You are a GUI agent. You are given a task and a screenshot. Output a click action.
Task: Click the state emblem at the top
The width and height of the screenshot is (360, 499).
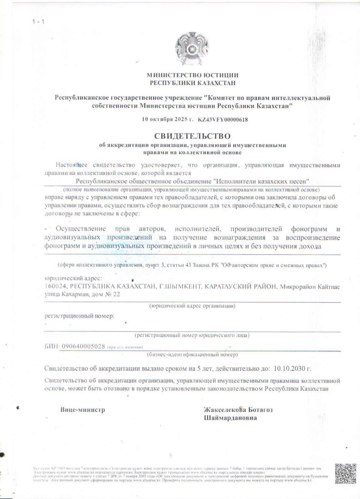(192, 48)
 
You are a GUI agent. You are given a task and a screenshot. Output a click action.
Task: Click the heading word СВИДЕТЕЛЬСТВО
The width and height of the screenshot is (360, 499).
(192, 136)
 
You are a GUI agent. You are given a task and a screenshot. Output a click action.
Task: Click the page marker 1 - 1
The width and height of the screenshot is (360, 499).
(38, 22)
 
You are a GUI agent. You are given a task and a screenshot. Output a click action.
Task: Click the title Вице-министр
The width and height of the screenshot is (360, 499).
(83, 410)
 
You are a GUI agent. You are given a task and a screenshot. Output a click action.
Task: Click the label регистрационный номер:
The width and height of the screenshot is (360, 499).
(79, 316)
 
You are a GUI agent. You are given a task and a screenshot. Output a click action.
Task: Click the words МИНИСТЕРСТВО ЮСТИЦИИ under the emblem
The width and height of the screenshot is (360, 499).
(192, 75)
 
